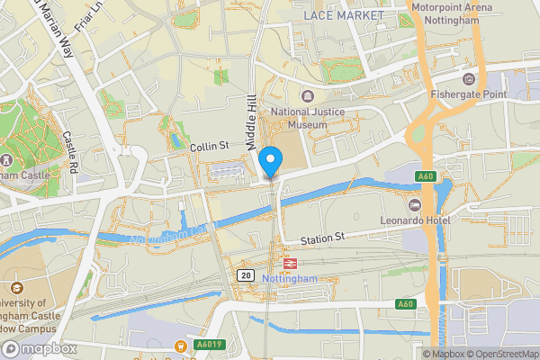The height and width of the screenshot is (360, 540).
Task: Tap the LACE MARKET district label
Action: coord(343,15)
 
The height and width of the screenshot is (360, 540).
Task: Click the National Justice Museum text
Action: coord(298,119)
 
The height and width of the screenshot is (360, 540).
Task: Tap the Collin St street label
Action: coord(210,145)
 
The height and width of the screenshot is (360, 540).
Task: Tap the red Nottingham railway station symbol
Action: coord(290,263)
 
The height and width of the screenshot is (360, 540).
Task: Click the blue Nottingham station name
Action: coord(289,279)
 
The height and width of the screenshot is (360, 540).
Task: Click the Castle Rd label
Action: coord(72,153)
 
